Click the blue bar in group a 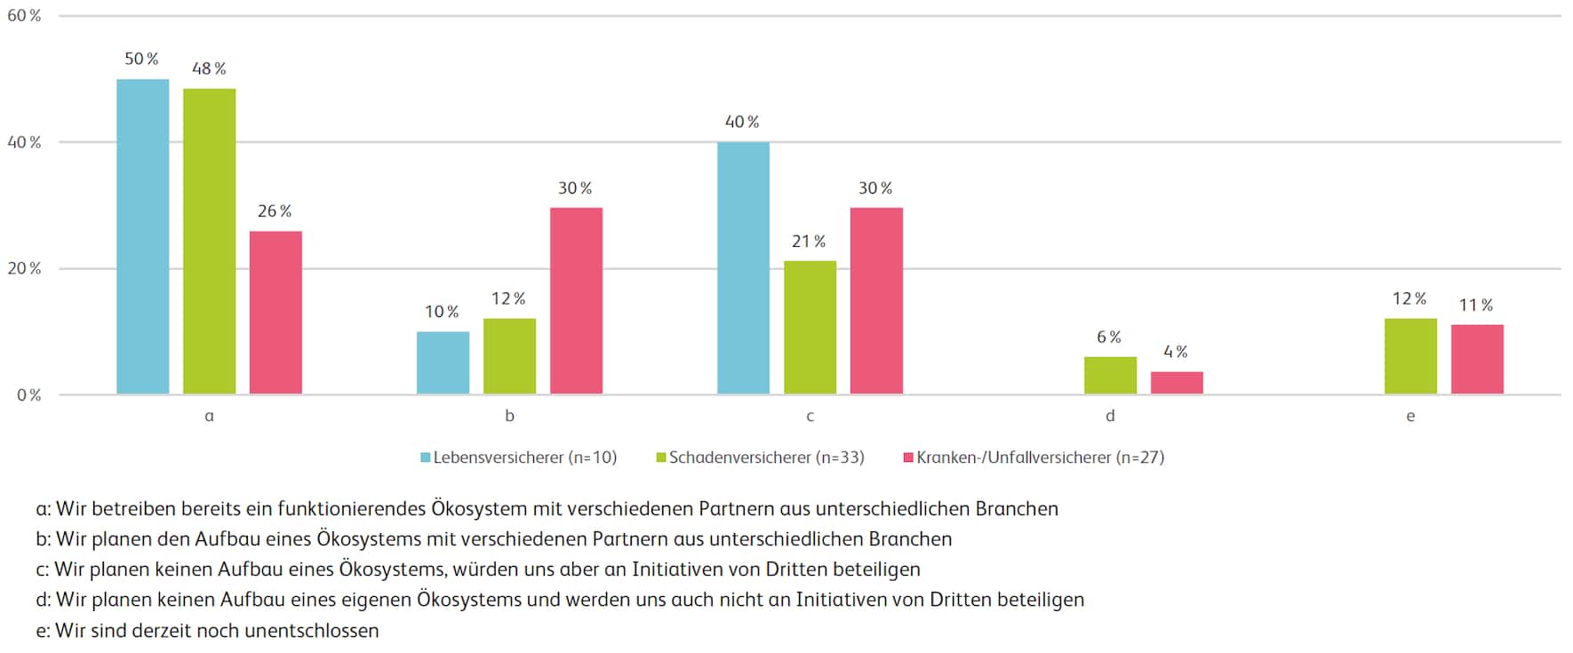point(142,236)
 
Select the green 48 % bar point(210,241)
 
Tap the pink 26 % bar point(275,313)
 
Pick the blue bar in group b point(443,362)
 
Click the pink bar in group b point(576,300)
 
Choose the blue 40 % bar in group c point(743,267)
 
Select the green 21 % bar point(810,327)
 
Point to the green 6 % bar point(1110,375)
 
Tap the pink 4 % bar point(1177,382)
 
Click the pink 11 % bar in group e point(1477,359)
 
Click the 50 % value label point(141,59)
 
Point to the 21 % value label point(809,242)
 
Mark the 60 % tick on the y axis point(24,16)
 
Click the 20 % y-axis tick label point(24,268)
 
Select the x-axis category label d point(1110,416)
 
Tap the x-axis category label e point(1410,416)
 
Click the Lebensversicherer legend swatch point(426,458)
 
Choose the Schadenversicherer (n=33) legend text point(766,458)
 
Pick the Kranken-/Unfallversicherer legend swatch point(908,458)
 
